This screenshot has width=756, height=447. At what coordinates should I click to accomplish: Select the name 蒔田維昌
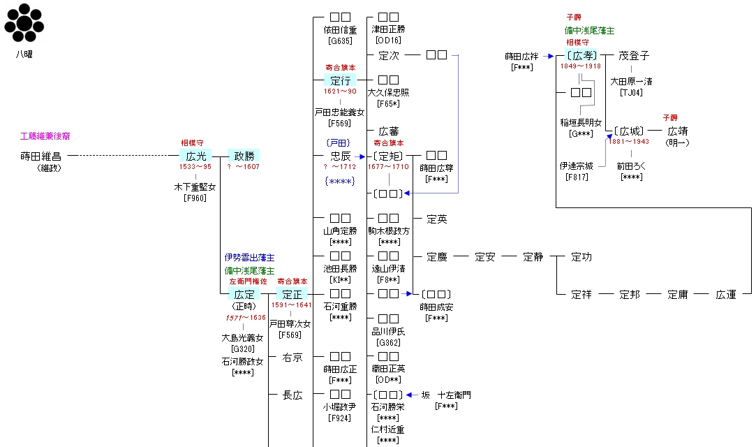click(x=41, y=156)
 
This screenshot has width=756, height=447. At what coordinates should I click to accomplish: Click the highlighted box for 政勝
click(x=244, y=156)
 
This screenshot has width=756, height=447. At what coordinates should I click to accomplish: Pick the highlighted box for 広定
click(x=244, y=294)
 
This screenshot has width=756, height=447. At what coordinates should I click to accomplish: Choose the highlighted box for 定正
click(x=292, y=294)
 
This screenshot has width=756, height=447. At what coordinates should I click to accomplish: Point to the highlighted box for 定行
click(x=340, y=80)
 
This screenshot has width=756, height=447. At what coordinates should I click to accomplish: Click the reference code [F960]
click(x=194, y=198)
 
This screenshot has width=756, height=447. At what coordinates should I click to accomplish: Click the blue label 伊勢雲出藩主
click(x=249, y=258)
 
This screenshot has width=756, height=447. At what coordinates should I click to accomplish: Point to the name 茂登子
click(x=634, y=56)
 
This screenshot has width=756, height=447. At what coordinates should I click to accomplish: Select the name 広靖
click(x=678, y=131)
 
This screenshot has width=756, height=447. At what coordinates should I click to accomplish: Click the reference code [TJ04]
click(x=631, y=92)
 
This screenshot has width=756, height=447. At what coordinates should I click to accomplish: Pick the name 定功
click(x=581, y=257)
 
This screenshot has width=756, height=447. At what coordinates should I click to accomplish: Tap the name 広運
click(x=726, y=294)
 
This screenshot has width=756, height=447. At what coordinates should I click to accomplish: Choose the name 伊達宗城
click(x=577, y=166)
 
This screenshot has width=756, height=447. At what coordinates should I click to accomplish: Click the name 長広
click(x=292, y=395)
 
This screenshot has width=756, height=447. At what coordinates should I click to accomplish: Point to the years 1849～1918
click(x=581, y=66)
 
